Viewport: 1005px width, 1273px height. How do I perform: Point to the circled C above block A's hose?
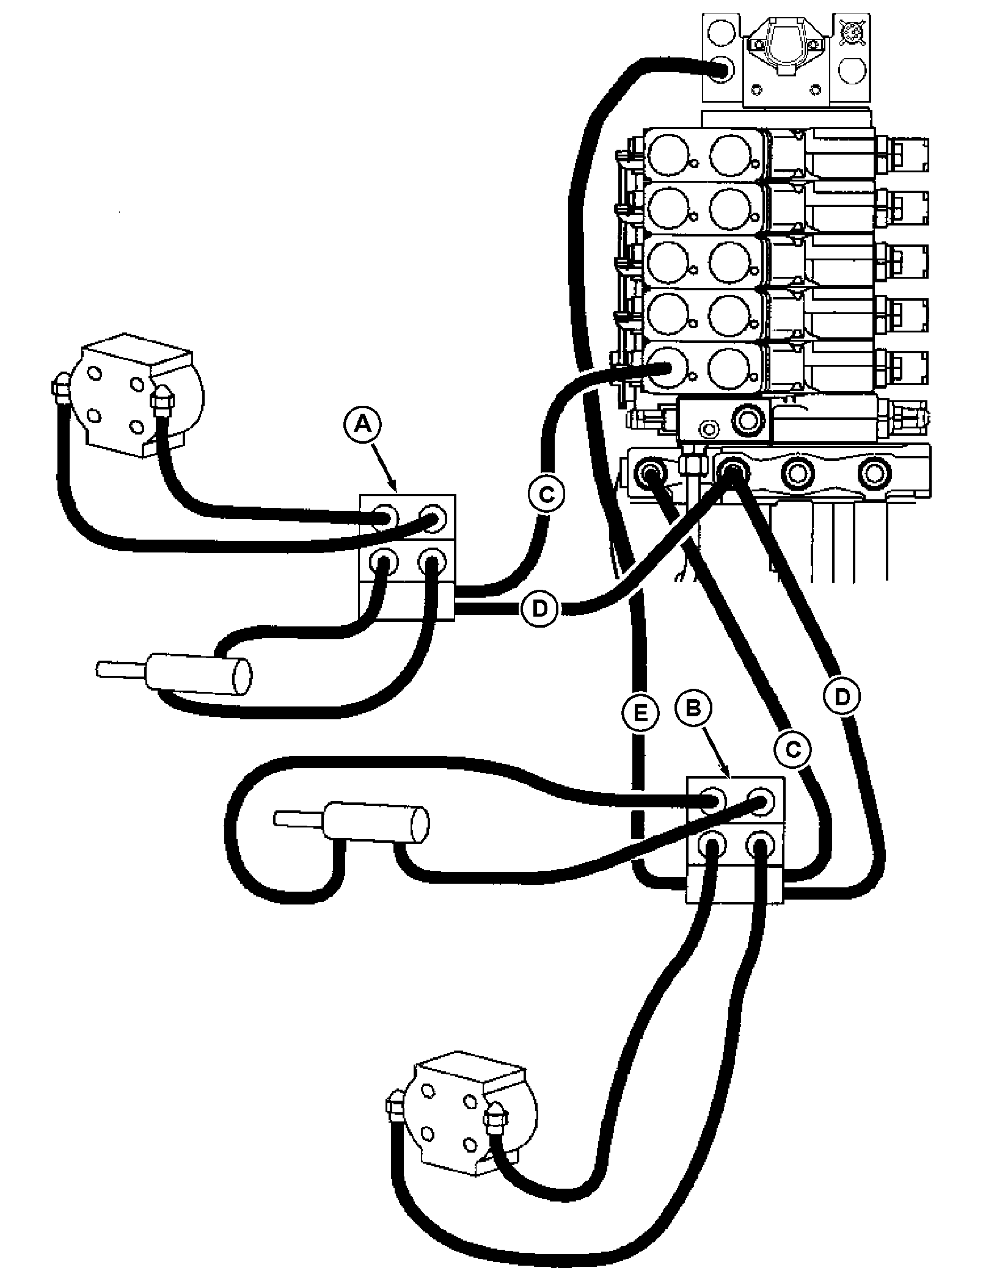(x=546, y=494)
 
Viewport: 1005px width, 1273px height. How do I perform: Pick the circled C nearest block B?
(x=792, y=749)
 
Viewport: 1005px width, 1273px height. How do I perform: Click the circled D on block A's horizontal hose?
(x=539, y=607)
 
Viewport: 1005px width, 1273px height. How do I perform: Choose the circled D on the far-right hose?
(x=841, y=696)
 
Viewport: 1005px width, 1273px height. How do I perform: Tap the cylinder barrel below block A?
(x=199, y=675)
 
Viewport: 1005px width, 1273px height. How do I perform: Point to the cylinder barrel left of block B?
(x=376, y=824)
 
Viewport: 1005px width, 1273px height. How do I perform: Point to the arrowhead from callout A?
(x=396, y=491)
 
